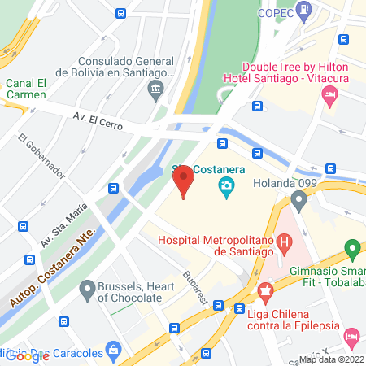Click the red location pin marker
(x=184, y=180)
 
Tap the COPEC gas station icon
(x=304, y=11)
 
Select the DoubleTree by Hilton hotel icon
(x=329, y=96)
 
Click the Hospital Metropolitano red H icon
(x=284, y=242)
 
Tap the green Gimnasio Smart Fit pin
(x=352, y=247)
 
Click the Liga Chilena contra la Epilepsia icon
(x=264, y=290)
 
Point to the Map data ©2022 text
(x=330, y=359)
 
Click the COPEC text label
(x=274, y=12)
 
